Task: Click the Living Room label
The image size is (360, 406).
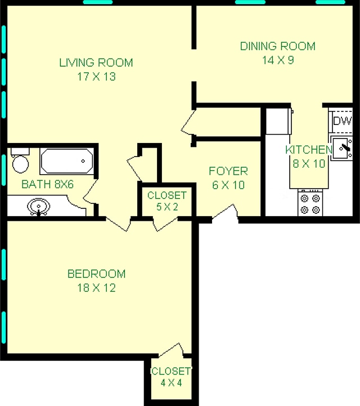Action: [96, 62]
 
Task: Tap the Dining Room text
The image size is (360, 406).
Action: [277, 46]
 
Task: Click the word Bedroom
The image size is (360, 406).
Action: [96, 274]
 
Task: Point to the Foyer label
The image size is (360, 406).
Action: [228, 171]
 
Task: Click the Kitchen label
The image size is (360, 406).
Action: [307, 150]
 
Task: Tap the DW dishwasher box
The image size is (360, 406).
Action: [341, 121]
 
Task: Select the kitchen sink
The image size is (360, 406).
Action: [341, 149]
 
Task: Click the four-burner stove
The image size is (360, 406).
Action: [310, 203]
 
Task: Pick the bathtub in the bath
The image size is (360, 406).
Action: [66, 162]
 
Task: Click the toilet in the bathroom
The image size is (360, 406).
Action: [20, 161]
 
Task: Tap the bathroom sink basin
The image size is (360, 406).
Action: [38, 206]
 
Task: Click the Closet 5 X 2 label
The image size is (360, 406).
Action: [166, 201]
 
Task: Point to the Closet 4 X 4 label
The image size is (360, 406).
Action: [172, 377]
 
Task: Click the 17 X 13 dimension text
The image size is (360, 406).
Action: [96, 76]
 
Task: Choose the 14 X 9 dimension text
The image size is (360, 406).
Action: [277, 60]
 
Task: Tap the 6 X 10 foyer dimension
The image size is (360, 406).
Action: [228, 185]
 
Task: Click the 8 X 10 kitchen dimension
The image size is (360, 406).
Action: [307, 163]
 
